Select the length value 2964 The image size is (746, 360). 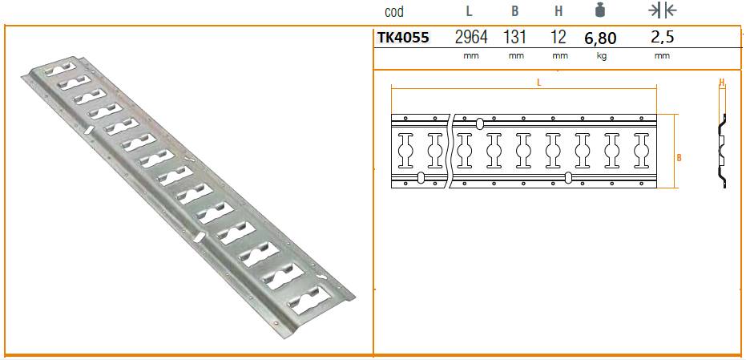[x=472, y=37]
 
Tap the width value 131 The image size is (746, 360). [x=514, y=37]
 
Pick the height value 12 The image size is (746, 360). [x=558, y=37]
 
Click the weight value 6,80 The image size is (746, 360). [x=600, y=38]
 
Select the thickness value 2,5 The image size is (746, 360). [x=662, y=37]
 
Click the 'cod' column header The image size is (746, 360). [x=394, y=11]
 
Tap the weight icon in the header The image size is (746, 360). [x=600, y=10]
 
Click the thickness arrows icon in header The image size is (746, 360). [x=662, y=10]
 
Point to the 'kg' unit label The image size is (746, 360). [x=601, y=56]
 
